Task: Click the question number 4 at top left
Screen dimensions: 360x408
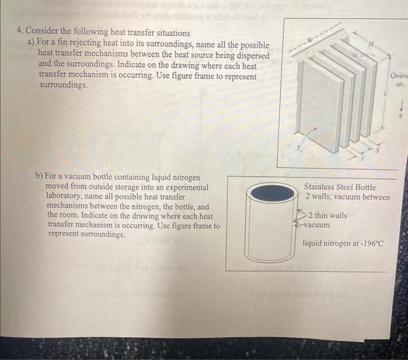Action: pos(20,33)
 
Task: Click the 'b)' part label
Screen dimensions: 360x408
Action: pos(39,176)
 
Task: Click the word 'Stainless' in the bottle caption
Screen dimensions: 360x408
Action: pos(320,187)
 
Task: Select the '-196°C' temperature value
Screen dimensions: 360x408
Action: pos(369,243)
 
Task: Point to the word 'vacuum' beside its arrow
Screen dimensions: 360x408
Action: pos(317,225)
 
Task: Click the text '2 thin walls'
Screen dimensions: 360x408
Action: pos(328,215)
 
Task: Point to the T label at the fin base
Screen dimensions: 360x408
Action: pos(300,148)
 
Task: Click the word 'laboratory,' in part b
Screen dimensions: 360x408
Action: pos(64,197)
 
